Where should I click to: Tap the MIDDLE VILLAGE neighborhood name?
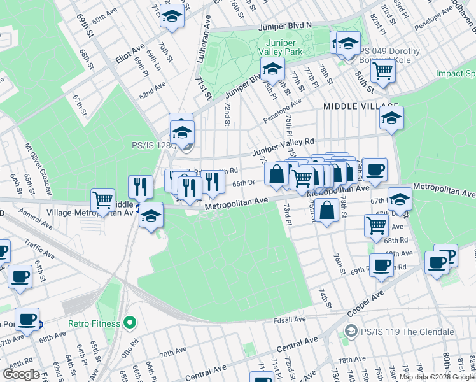360,106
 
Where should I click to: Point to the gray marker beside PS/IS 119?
350,332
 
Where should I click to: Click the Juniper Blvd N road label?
285,27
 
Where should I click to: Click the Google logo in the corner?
21,374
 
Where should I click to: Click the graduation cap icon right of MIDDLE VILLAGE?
391,118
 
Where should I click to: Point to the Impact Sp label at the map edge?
456,74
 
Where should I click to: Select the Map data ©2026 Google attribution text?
437,377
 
